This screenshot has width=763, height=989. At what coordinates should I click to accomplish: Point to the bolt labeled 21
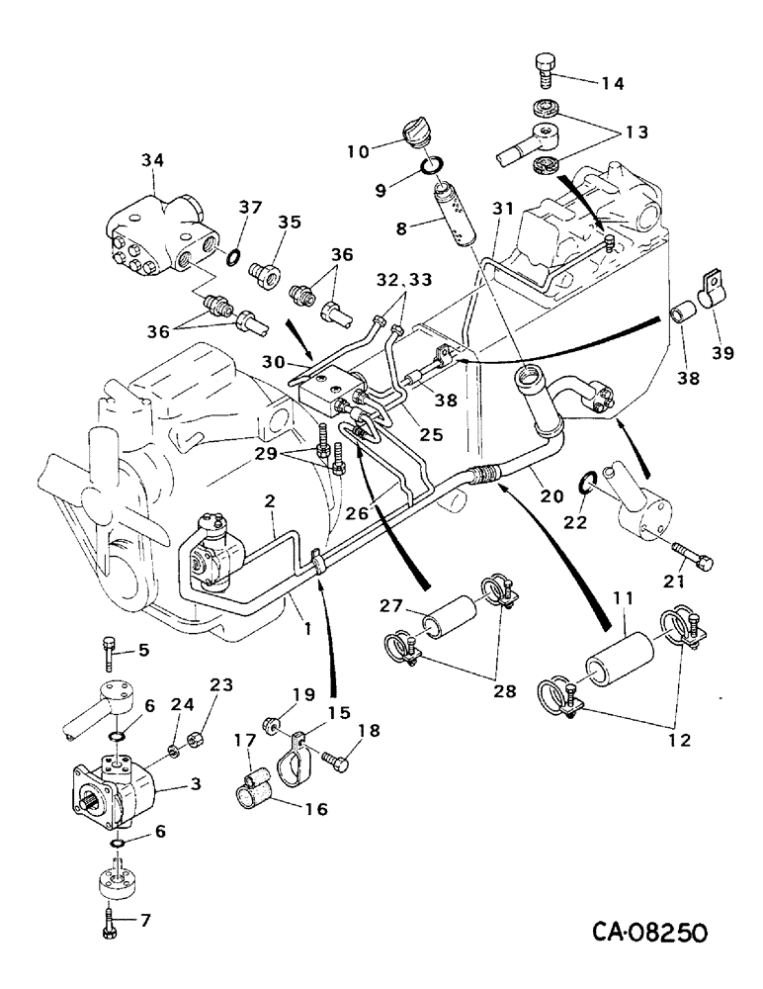coord(690,553)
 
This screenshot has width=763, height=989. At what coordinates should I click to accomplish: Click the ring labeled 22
coord(586,483)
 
